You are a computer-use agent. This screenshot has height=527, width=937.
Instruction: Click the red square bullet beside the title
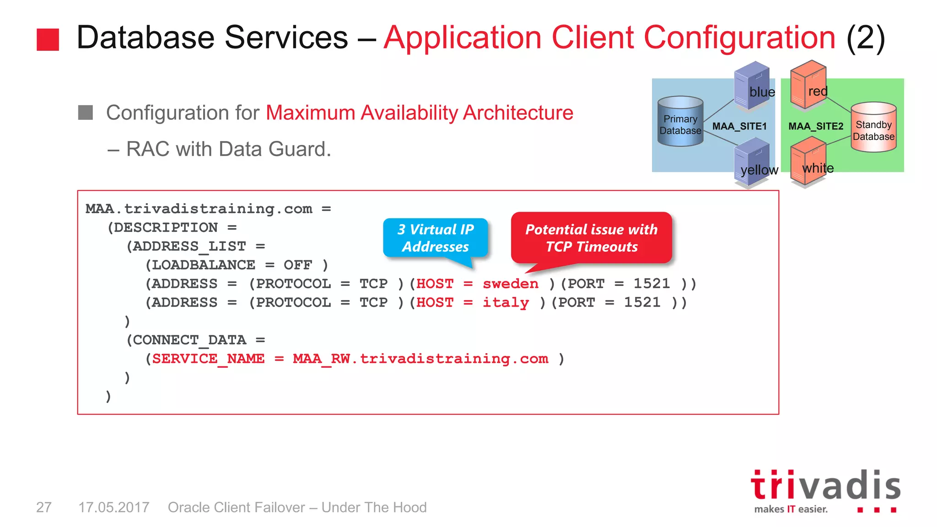coord(48,39)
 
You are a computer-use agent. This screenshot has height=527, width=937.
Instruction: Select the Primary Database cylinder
coord(680,122)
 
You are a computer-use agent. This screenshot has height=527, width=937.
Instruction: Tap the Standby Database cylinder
coord(873,127)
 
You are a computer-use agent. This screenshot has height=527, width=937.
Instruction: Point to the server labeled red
coord(808,85)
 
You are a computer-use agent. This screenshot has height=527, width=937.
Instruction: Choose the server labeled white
coord(808,162)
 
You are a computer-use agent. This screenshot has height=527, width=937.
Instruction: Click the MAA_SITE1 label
coord(739,126)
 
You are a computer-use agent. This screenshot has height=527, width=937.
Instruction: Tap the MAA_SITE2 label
coord(816,126)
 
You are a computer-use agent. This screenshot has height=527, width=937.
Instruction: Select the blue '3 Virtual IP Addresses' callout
coord(436,238)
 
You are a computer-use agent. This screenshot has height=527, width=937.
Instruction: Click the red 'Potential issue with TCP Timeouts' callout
coord(591,238)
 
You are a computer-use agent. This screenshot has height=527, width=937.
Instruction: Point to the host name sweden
coord(511,284)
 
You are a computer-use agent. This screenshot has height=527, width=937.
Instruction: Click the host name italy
coord(506,302)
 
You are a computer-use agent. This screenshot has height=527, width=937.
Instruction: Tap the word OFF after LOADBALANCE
coord(297,265)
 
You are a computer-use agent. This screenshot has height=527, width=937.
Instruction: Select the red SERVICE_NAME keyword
coord(208,359)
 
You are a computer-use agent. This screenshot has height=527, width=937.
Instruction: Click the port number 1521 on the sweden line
coord(652,284)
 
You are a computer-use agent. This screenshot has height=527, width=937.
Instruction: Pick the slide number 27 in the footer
coord(44,507)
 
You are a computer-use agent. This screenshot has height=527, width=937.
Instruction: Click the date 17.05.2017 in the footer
coord(114,507)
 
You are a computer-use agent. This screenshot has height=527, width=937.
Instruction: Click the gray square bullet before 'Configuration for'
coord(86,113)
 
